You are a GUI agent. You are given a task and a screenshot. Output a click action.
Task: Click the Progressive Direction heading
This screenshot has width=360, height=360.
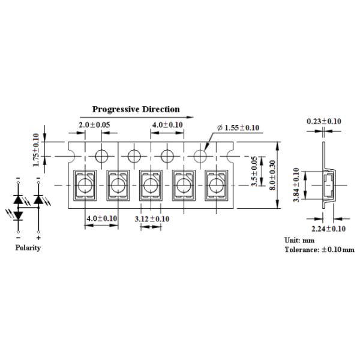click(x=136, y=109)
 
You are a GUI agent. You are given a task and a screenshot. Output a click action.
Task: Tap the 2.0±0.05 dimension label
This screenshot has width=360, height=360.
click(x=94, y=125)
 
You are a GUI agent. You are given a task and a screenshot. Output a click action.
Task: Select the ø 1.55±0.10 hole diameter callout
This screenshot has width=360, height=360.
click(x=238, y=128)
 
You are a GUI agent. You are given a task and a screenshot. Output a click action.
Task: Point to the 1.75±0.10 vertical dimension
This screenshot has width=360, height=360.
click(x=36, y=150)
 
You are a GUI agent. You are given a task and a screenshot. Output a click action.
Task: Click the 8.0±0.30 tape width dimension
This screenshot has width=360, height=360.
click(x=272, y=175)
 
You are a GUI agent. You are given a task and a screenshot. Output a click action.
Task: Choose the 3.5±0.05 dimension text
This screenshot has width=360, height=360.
click(x=254, y=171)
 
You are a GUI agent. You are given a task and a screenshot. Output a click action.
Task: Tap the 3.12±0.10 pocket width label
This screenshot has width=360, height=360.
click(x=152, y=219)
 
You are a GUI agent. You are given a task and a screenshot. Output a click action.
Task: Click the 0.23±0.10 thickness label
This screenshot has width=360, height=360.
click(x=324, y=121)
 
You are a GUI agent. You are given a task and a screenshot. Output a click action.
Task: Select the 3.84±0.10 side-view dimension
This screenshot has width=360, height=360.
click(x=296, y=185)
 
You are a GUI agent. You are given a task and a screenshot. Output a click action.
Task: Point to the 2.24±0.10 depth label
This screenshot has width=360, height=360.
click(x=328, y=229)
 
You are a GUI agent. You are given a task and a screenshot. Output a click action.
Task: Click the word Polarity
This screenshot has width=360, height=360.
click(x=28, y=248)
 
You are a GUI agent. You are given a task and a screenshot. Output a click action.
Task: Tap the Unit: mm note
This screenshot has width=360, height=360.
click(x=299, y=241)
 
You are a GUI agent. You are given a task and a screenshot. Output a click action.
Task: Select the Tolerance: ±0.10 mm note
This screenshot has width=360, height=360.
click(x=320, y=250)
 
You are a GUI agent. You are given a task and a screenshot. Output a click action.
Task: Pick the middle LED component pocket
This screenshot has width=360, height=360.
click(x=151, y=185)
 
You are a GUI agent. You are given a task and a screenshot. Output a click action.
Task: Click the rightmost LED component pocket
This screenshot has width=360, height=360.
click(x=217, y=185)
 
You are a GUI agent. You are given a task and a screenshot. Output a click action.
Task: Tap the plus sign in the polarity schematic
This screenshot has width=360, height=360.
click(x=38, y=238)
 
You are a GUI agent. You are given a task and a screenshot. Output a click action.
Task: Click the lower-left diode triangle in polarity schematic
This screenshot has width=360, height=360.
click(x=18, y=215)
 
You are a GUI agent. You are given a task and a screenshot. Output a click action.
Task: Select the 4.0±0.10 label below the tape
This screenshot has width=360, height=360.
click(x=102, y=218)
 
